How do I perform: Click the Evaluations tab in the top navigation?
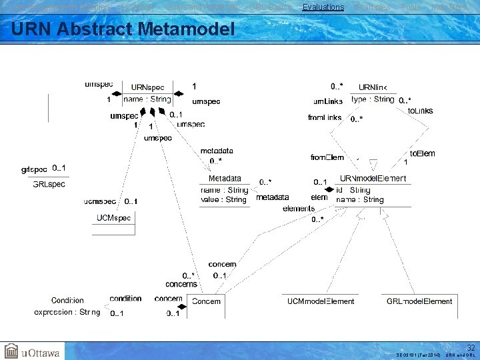[x=323, y=7]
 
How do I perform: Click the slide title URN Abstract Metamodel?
[x=123, y=29]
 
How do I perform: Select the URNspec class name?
[x=147, y=87]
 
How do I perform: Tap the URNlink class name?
[x=377, y=87]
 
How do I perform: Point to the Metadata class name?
[x=225, y=179]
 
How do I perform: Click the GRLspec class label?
[x=49, y=184]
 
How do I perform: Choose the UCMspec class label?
[x=113, y=218]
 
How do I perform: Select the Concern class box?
[x=206, y=301]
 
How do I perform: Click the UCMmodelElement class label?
[x=321, y=301]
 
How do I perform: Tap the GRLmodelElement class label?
[x=419, y=301]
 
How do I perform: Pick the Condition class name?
[x=67, y=301]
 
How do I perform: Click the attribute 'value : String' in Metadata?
[x=223, y=199]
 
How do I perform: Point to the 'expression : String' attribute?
[x=67, y=311]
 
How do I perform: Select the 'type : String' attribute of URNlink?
[x=373, y=99]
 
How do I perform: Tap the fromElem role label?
[x=327, y=158]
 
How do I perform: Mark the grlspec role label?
[x=35, y=169]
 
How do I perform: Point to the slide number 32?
[x=471, y=347]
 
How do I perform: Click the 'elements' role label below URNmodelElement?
[x=299, y=209]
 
